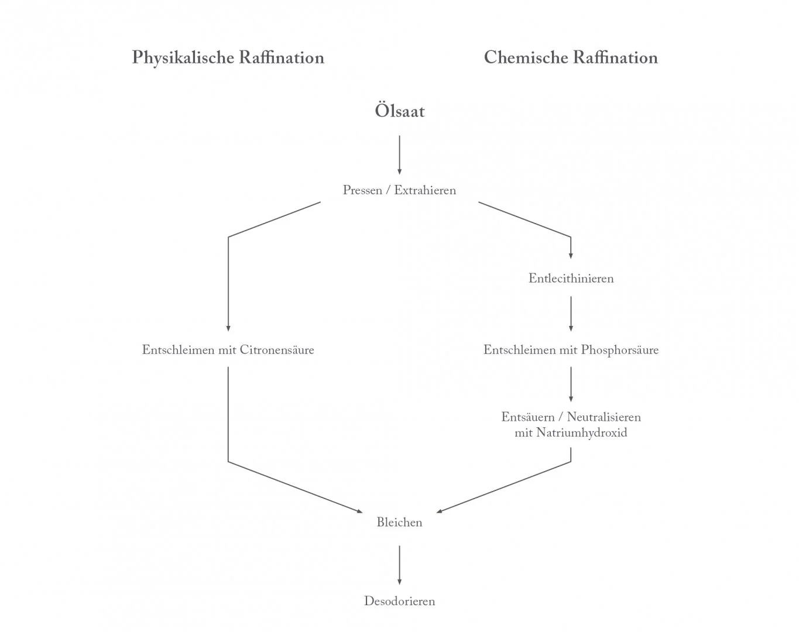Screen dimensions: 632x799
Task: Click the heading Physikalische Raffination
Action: (228, 57)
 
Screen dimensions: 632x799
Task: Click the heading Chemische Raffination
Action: (571, 57)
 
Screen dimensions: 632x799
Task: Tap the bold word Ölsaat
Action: (400, 111)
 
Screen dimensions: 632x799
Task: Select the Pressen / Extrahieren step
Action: (399, 190)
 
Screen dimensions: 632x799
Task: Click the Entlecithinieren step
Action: (571, 279)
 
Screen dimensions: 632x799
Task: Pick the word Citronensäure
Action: (277, 350)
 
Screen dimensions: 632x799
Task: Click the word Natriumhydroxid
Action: (581, 433)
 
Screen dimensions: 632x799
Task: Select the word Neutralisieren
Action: (603, 417)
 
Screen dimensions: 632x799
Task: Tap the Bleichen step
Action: (399, 523)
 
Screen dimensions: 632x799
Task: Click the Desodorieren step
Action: (399, 601)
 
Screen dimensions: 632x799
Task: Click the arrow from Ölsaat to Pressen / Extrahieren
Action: (400, 155)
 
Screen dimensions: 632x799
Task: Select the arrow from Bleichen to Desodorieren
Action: (400, 565)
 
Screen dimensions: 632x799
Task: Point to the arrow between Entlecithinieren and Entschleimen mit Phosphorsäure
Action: (571, 314)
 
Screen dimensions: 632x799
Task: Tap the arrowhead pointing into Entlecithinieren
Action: (571, 255)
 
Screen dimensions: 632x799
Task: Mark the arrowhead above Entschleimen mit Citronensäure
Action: (228, 328)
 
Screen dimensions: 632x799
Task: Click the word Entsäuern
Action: (527, 417)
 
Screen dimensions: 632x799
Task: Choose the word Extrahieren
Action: (425, 190)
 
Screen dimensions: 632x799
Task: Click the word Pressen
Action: (362, 190)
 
